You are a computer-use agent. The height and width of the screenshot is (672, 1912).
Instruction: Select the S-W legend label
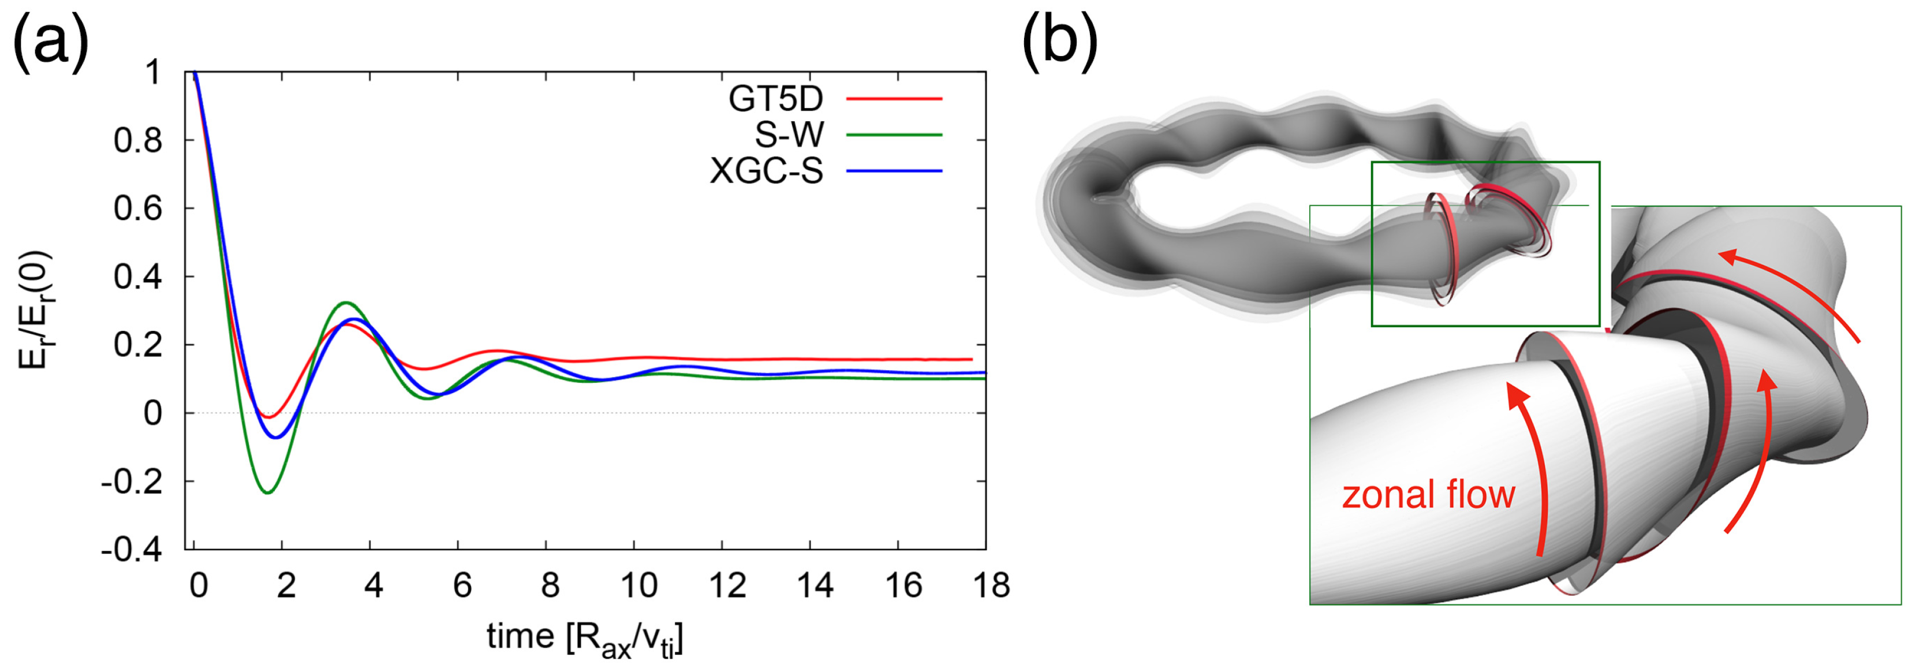tap(789, 135)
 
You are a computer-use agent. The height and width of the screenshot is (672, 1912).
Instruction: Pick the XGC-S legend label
tap(766, 171)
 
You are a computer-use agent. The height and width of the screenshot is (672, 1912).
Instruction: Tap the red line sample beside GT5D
tap(894, 99)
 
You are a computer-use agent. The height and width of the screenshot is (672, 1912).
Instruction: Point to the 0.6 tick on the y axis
tap(138, 208)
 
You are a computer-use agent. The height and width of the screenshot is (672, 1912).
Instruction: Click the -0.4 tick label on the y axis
tap(132, 550)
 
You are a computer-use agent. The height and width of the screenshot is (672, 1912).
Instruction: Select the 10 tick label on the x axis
tap(637, 587)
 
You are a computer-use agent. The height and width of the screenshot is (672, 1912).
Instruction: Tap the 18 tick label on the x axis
tap(990, 587)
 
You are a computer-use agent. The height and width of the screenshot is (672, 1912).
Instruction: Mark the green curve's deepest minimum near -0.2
tap(268, 492)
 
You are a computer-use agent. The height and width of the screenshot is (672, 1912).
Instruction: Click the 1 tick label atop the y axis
tap(152, 73)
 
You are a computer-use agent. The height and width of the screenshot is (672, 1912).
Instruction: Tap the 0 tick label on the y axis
tap(152, 413)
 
